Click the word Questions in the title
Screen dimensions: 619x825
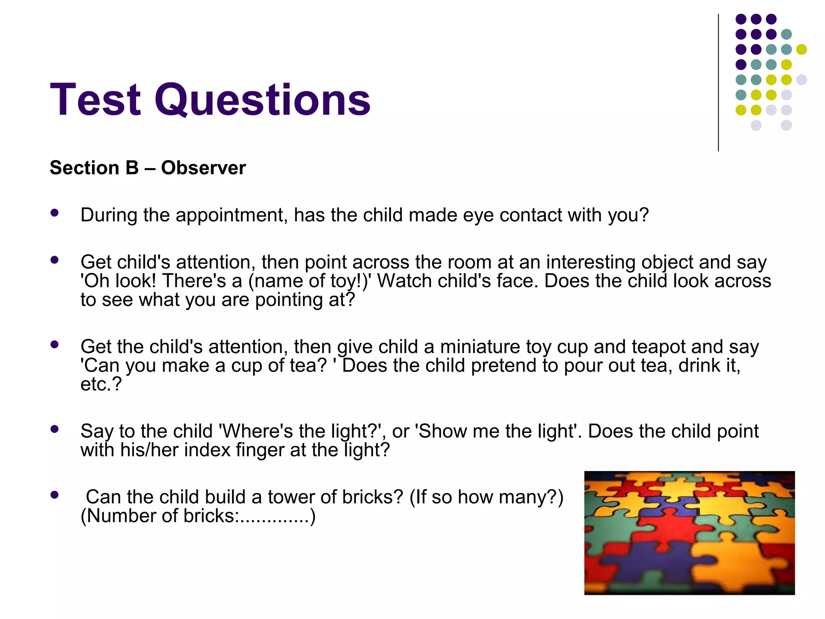pos(262,100)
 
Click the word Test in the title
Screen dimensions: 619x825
pos(95,100)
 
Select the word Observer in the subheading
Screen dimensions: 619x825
pos(203,168)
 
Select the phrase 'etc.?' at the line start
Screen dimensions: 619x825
pos(101,384)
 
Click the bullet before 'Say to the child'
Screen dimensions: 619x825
pos(54,429)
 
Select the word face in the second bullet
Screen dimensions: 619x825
pos(521,281)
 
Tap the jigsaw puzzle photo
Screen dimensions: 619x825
pos(689,533)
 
